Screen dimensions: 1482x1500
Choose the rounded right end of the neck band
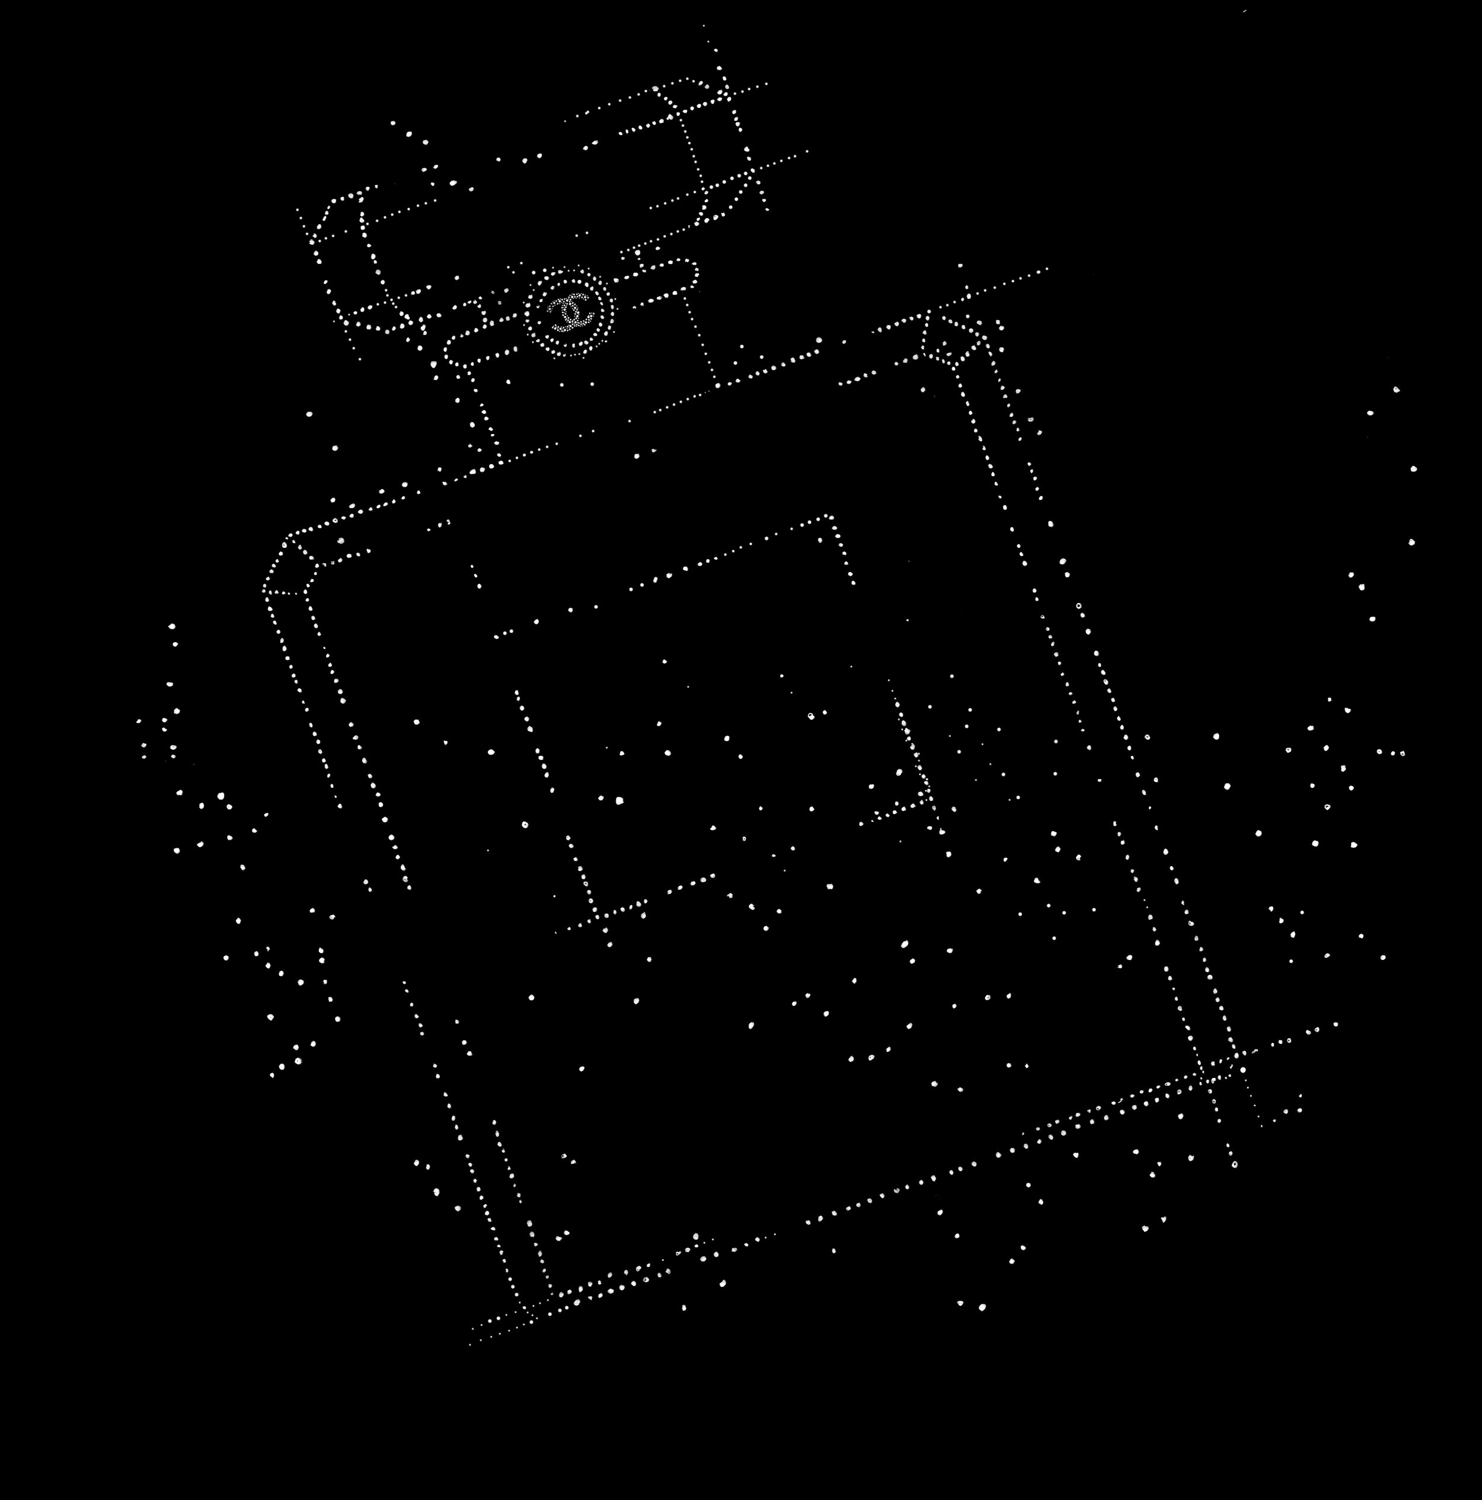click(x=691, y=276)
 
